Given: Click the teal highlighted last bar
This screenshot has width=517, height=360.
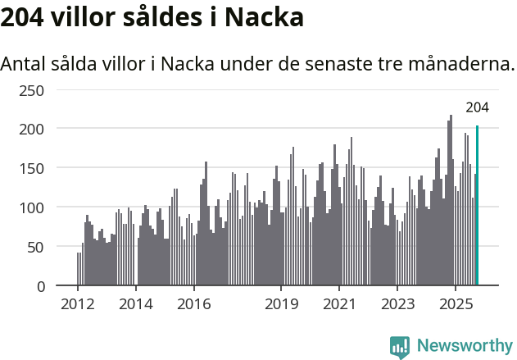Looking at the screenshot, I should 477,207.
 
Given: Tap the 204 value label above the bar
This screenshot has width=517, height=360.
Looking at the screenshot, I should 478,107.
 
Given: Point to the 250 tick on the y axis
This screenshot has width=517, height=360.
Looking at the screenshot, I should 31,89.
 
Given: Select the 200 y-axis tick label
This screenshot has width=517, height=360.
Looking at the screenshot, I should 31,129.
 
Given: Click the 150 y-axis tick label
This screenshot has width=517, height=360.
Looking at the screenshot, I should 31,168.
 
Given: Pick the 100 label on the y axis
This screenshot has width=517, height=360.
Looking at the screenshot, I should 31,207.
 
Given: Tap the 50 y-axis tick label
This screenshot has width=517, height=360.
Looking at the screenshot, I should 35,247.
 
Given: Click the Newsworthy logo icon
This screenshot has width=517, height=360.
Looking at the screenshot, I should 400,346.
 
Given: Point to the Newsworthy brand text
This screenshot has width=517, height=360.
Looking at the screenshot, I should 464,346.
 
